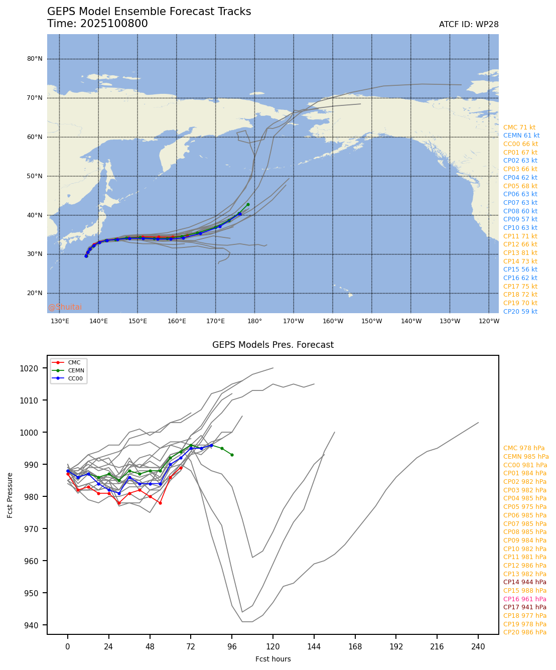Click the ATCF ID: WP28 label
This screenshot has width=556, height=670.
point(468,25)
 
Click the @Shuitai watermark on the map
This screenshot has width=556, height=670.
point(65,307)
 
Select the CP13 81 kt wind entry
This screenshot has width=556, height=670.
point(520,253)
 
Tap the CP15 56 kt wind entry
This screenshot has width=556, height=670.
point(520,270)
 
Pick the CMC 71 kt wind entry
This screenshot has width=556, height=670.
point(519,127)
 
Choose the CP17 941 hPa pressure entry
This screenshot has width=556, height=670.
point(524,607)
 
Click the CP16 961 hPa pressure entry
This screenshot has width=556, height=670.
point(524,599)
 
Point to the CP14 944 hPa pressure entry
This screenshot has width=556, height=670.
point(524,582)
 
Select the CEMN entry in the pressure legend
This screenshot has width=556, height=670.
point(76,370)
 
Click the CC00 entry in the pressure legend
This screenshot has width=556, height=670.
point(76,378)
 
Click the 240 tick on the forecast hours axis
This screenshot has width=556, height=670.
point(478,647)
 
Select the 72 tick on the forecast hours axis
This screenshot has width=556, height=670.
point(191,647)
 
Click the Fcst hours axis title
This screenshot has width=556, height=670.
point(273,659)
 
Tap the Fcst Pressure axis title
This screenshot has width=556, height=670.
point(10,495)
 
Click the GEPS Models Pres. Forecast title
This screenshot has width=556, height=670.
point(273,345)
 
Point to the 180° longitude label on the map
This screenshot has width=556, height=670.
point(254,321)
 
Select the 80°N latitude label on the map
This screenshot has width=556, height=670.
point(35,59)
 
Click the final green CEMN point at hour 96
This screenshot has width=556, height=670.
point(232,455)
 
